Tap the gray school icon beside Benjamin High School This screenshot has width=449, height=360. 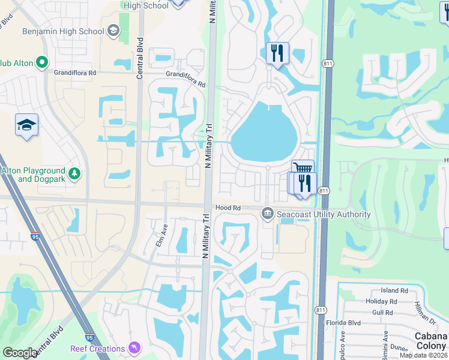pyautogui.click(x=113, y=31)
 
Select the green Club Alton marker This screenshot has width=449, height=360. pyautogui.click(x=42, y=62)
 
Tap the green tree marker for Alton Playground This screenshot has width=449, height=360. pyautogui.click(x=74, y=174)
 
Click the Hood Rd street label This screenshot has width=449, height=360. pyautogui.click(x=228, y=208)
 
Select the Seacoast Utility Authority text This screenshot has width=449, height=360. pyautogui.click(x=324, y=214)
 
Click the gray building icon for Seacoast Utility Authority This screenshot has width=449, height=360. pyautogui.click(x=268, y=214)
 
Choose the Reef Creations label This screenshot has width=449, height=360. pyautogui.click(x=97, y=349)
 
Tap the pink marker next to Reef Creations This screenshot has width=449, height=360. pyautogui.click(x=134, y=348)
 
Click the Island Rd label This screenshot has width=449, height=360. pyautogui.click(x=394, y=290)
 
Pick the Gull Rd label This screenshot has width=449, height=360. pyautogui.click(x=382, y=313)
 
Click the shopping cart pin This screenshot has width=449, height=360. pyautogui.click(x=303, y=169)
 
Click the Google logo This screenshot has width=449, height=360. pyautogui.click(x=19, y=353)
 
